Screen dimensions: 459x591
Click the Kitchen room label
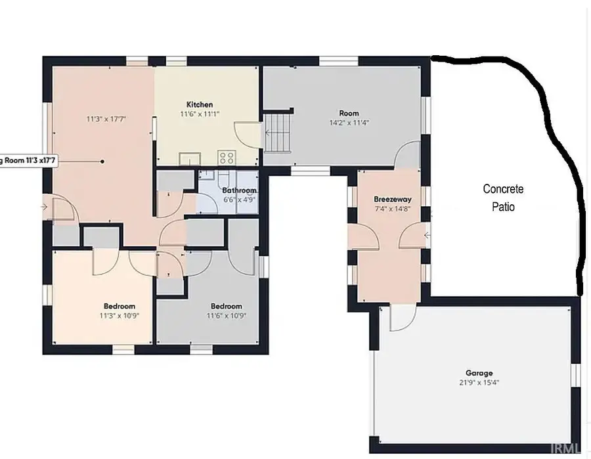(x=200, y=104)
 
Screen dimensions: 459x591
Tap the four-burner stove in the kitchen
(x=227, y=158)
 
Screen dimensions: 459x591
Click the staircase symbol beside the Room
(x=278, y=133)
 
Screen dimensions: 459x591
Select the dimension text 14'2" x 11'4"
(x=349, y=122)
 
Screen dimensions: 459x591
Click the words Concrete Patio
(x=504, y=198)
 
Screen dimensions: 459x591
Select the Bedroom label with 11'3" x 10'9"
(x=119, y=306)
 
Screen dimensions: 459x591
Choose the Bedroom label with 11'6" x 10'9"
(x=226, y=306)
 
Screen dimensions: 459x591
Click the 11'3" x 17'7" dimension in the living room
(x=106, y=119)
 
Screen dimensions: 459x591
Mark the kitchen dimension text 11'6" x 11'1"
(x=200, y=114)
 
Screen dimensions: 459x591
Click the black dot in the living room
(x=102, y=161)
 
